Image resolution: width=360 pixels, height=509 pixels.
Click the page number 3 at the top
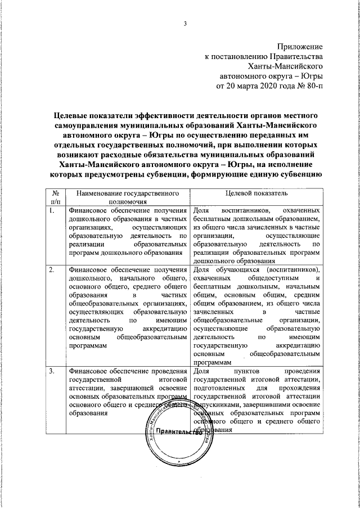point(183,23)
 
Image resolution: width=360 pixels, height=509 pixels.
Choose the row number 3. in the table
point(52,371)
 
